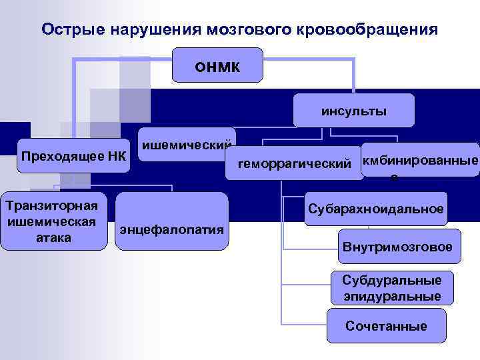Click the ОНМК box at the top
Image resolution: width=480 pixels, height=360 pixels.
[x=217, y=65]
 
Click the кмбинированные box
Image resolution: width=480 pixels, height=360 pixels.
[x=419, y=161]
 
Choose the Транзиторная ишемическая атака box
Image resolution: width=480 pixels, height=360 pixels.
[x=53, y=221]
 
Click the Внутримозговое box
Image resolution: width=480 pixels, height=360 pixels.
[x=397, y=247]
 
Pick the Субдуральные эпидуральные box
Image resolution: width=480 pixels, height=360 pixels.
[x=392, y=287]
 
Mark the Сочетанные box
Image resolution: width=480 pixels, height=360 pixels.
[x=386, y=326]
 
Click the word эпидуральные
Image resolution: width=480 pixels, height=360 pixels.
[x=392, y=296]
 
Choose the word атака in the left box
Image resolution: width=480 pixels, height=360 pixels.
[x=53, y=237]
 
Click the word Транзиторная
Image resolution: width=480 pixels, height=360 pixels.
[x=53, y=204]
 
